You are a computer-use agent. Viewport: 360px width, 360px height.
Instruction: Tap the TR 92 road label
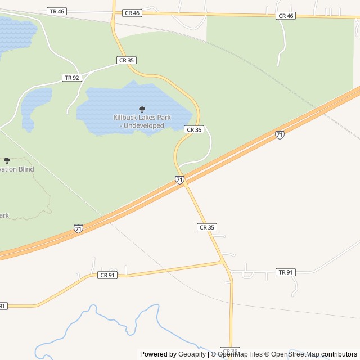click(x=71, y=78)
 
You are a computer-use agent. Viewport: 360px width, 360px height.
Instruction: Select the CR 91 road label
click(x=107, y=274)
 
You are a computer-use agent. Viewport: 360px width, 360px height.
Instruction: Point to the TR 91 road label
click(x=286, y=272)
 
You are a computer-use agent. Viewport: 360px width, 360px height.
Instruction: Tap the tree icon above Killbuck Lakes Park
click(x=142, y=109)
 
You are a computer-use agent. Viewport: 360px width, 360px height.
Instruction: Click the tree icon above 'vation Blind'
click(x=7, y=160)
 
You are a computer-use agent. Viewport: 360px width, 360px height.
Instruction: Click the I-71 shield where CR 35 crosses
click(x=179, y=180)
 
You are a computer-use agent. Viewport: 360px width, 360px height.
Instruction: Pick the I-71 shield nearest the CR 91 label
click(x=78, y=228)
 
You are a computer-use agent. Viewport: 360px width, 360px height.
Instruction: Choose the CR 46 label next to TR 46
click(x=132, y=13)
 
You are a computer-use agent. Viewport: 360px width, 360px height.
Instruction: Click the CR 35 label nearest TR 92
click(x=127, y=60)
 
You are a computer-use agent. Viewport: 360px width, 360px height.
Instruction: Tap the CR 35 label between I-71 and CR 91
click(x=206, y=227)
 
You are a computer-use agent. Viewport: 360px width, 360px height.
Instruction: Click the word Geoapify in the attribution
click(x=192, y=354)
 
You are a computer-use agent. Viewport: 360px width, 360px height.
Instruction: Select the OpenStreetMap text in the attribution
click(x=291, y=354)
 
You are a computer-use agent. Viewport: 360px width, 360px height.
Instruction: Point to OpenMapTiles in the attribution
click(x=240, y=354)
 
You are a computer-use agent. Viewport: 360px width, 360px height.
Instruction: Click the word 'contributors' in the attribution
click(x=339, y=354)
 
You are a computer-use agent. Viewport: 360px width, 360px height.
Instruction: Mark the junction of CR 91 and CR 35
click(x=222, y=262)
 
